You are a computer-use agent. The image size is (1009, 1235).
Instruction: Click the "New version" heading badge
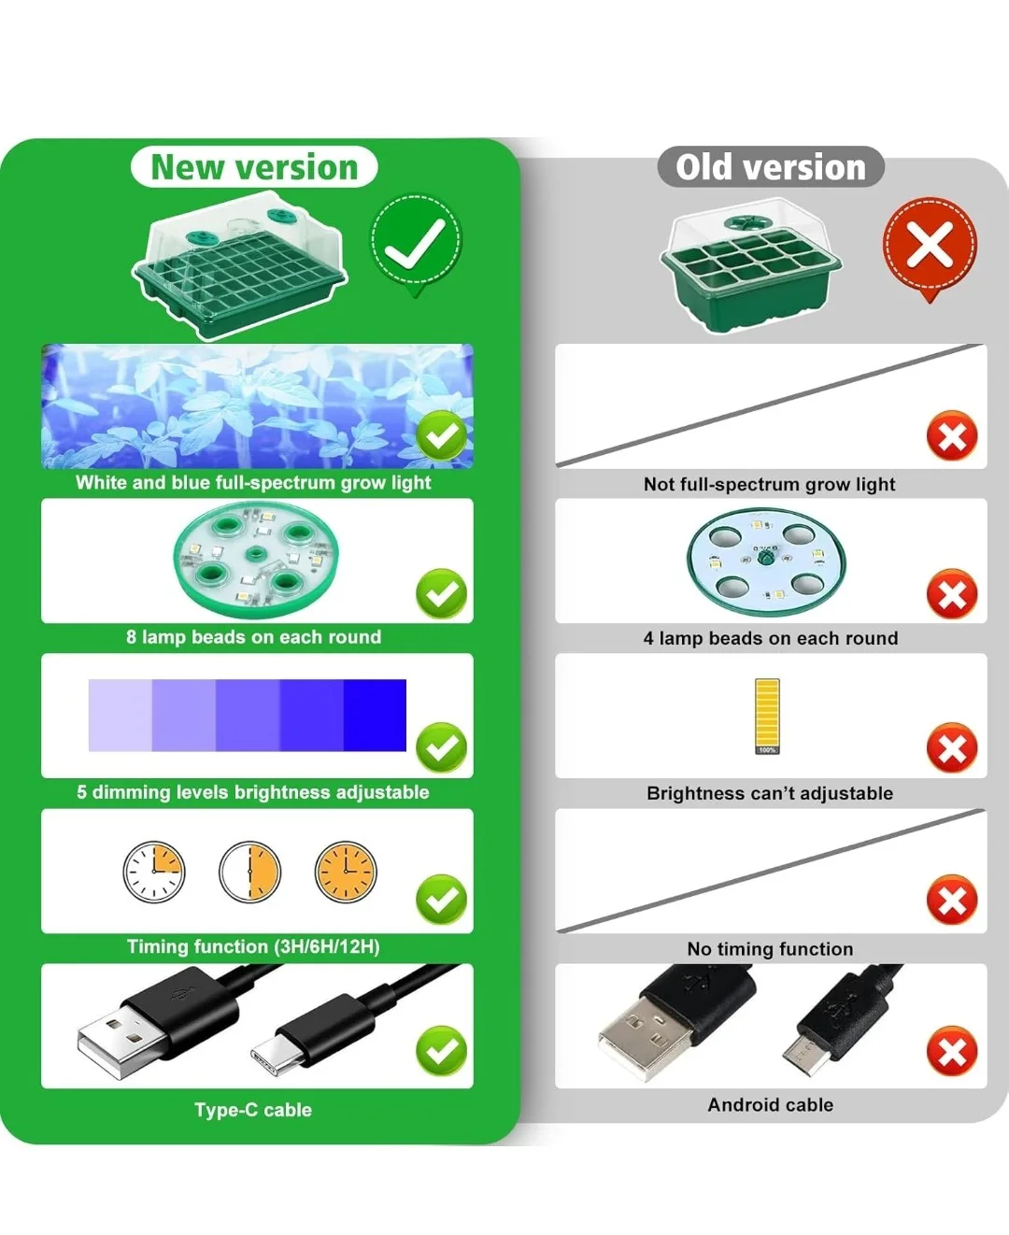tap(254, 167)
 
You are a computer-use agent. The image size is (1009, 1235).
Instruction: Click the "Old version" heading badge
tap(771, 167)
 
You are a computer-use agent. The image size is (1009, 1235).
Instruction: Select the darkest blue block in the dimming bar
tap(375, 715)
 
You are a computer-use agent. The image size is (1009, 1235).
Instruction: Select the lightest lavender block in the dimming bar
tap(120, 715)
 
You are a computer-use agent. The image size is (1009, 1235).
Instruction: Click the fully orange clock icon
tap(346, 872)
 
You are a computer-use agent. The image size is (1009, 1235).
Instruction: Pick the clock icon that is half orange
tap(250, 872)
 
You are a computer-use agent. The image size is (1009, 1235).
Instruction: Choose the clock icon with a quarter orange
tap(154, 872)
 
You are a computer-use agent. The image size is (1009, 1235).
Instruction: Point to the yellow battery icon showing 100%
tap(767, 717)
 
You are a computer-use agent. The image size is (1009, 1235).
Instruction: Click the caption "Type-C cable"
tap(253, 1109)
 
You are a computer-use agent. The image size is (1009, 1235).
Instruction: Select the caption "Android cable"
tap(771, 1104)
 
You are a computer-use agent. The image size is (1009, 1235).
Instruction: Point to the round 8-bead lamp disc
tap(256, 560)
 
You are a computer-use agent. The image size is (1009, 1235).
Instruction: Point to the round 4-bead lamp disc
tap(766, 561)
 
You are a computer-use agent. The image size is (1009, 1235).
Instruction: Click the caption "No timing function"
tap(770, 948)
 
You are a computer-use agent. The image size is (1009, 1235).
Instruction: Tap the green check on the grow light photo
tap(442, 435)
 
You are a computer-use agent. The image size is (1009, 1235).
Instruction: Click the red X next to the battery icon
tap(952, 747)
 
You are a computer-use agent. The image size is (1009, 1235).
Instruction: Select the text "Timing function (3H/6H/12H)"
tap(253, 947)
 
